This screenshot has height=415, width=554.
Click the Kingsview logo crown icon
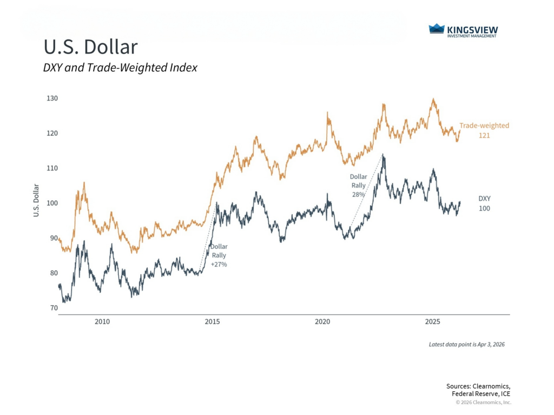click(x=436, y=29)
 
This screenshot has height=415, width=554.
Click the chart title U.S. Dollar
click(x=90, y=47)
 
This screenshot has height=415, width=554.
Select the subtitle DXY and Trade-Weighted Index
click(x=120, y=68)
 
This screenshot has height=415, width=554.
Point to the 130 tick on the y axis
click(x=52, y=98)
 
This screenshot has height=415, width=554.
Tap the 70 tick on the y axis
click(x=54, y=308)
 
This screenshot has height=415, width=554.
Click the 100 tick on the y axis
click(x=52, y=203)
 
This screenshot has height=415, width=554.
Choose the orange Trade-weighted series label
click(x=484, y=125)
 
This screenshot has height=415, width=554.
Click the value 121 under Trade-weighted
click(x=484, y=136)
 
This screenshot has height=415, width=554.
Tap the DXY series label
click(x=484, y=198)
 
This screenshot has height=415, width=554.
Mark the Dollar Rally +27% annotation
click(x=219, y=255)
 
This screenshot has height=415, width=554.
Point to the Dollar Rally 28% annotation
click(x=358, y=185)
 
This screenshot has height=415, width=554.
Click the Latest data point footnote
click(x=466, y=344)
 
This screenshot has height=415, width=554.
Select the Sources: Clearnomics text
click(x=478, y=386)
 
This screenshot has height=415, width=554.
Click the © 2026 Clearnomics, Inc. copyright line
click(x=483, y=402)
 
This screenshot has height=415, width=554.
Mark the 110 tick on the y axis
click(x=52, y=168)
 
